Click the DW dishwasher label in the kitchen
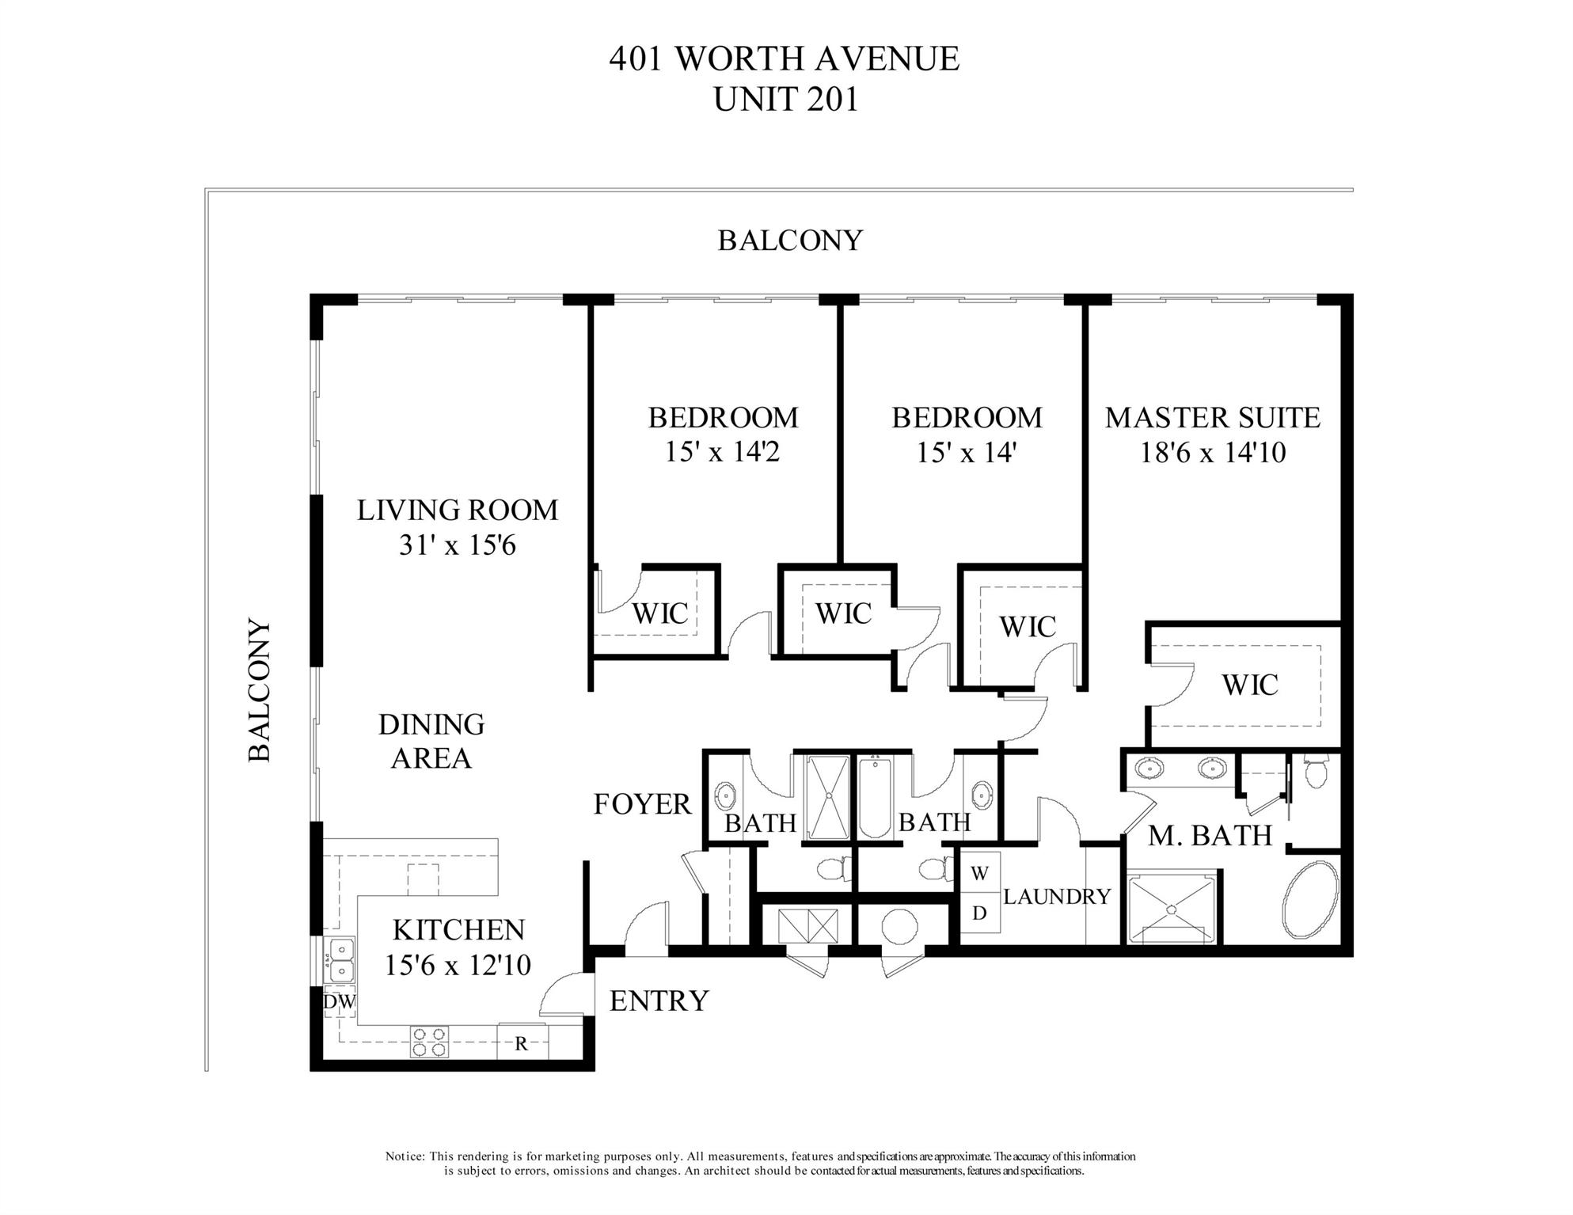click(x=339, y=1002)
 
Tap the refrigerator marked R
click(x=521, y=1043)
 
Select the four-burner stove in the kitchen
click(x=429, y=1042)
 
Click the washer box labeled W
click(x=979, y=874)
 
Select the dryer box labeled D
click(x=979, y=913)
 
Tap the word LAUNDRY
click(x=1057, y=897)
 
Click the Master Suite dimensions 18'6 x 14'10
click(x=1213, y=453)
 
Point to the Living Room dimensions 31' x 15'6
click(x=458, y=545)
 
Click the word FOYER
click(x=642, y=804)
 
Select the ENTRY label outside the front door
click(x=659, y=1001)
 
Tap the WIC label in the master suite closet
click(x=1250, y=685)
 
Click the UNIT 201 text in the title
click(x=785, y=101)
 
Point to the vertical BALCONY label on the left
click(x=260, y=690)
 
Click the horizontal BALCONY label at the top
click(x=789, y=241)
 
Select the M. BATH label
click(x=1210, y=836)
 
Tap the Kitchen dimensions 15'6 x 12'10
click(x=458, y=966)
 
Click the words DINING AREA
click(x=431, y=742)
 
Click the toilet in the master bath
click(x=1315, y=773)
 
